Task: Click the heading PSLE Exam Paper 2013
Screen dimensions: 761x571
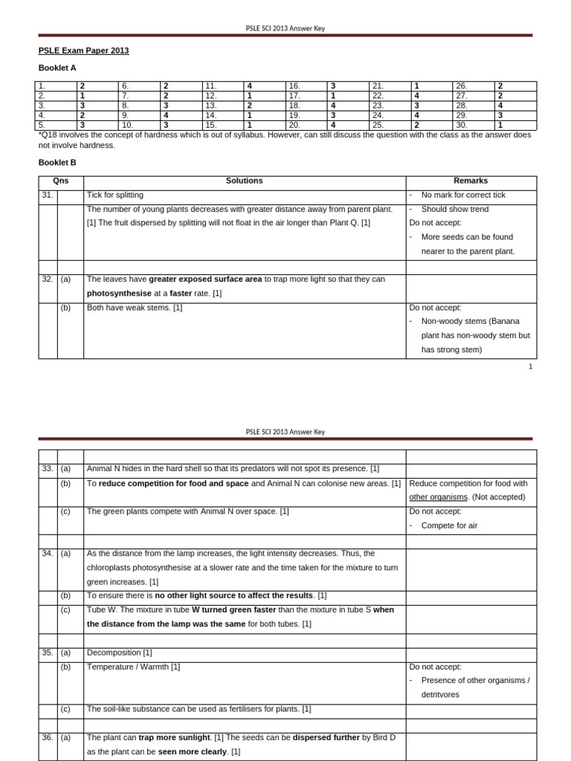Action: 83,51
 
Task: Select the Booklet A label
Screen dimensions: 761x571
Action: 57,68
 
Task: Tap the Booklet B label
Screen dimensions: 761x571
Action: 57,162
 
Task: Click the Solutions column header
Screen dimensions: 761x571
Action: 244,181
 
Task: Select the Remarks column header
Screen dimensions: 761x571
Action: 470,181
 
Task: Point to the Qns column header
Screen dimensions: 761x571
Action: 60,181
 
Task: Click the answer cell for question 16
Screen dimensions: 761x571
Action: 333,86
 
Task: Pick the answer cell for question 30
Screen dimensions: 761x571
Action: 500,125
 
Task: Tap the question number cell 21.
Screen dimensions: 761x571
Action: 378,86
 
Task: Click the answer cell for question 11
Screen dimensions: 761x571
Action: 249,86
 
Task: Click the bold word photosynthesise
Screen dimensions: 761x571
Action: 119,294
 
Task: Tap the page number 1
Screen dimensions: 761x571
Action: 530,366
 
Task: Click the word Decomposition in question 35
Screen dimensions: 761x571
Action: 114,652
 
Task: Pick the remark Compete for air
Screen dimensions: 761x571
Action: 449,525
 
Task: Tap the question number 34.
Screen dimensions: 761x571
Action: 47,554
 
